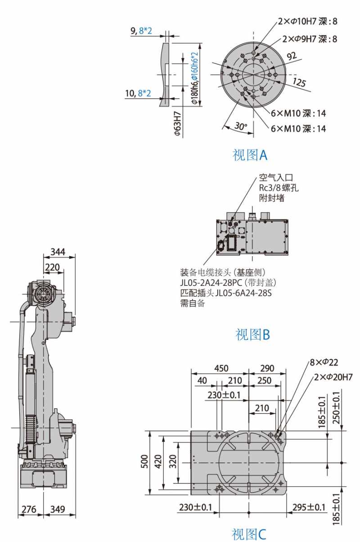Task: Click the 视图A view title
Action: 250,155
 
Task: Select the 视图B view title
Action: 252,334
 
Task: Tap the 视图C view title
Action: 249,534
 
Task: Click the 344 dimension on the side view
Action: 58,252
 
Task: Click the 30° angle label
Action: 241,126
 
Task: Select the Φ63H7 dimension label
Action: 178,123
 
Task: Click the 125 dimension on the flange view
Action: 299,82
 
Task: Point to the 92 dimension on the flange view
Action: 292,56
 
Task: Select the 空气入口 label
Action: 276,177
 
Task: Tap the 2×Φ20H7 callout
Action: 333,377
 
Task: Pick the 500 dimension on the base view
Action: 144,462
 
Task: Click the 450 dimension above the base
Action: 221,368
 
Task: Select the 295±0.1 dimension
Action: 309,507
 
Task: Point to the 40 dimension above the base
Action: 202,380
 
